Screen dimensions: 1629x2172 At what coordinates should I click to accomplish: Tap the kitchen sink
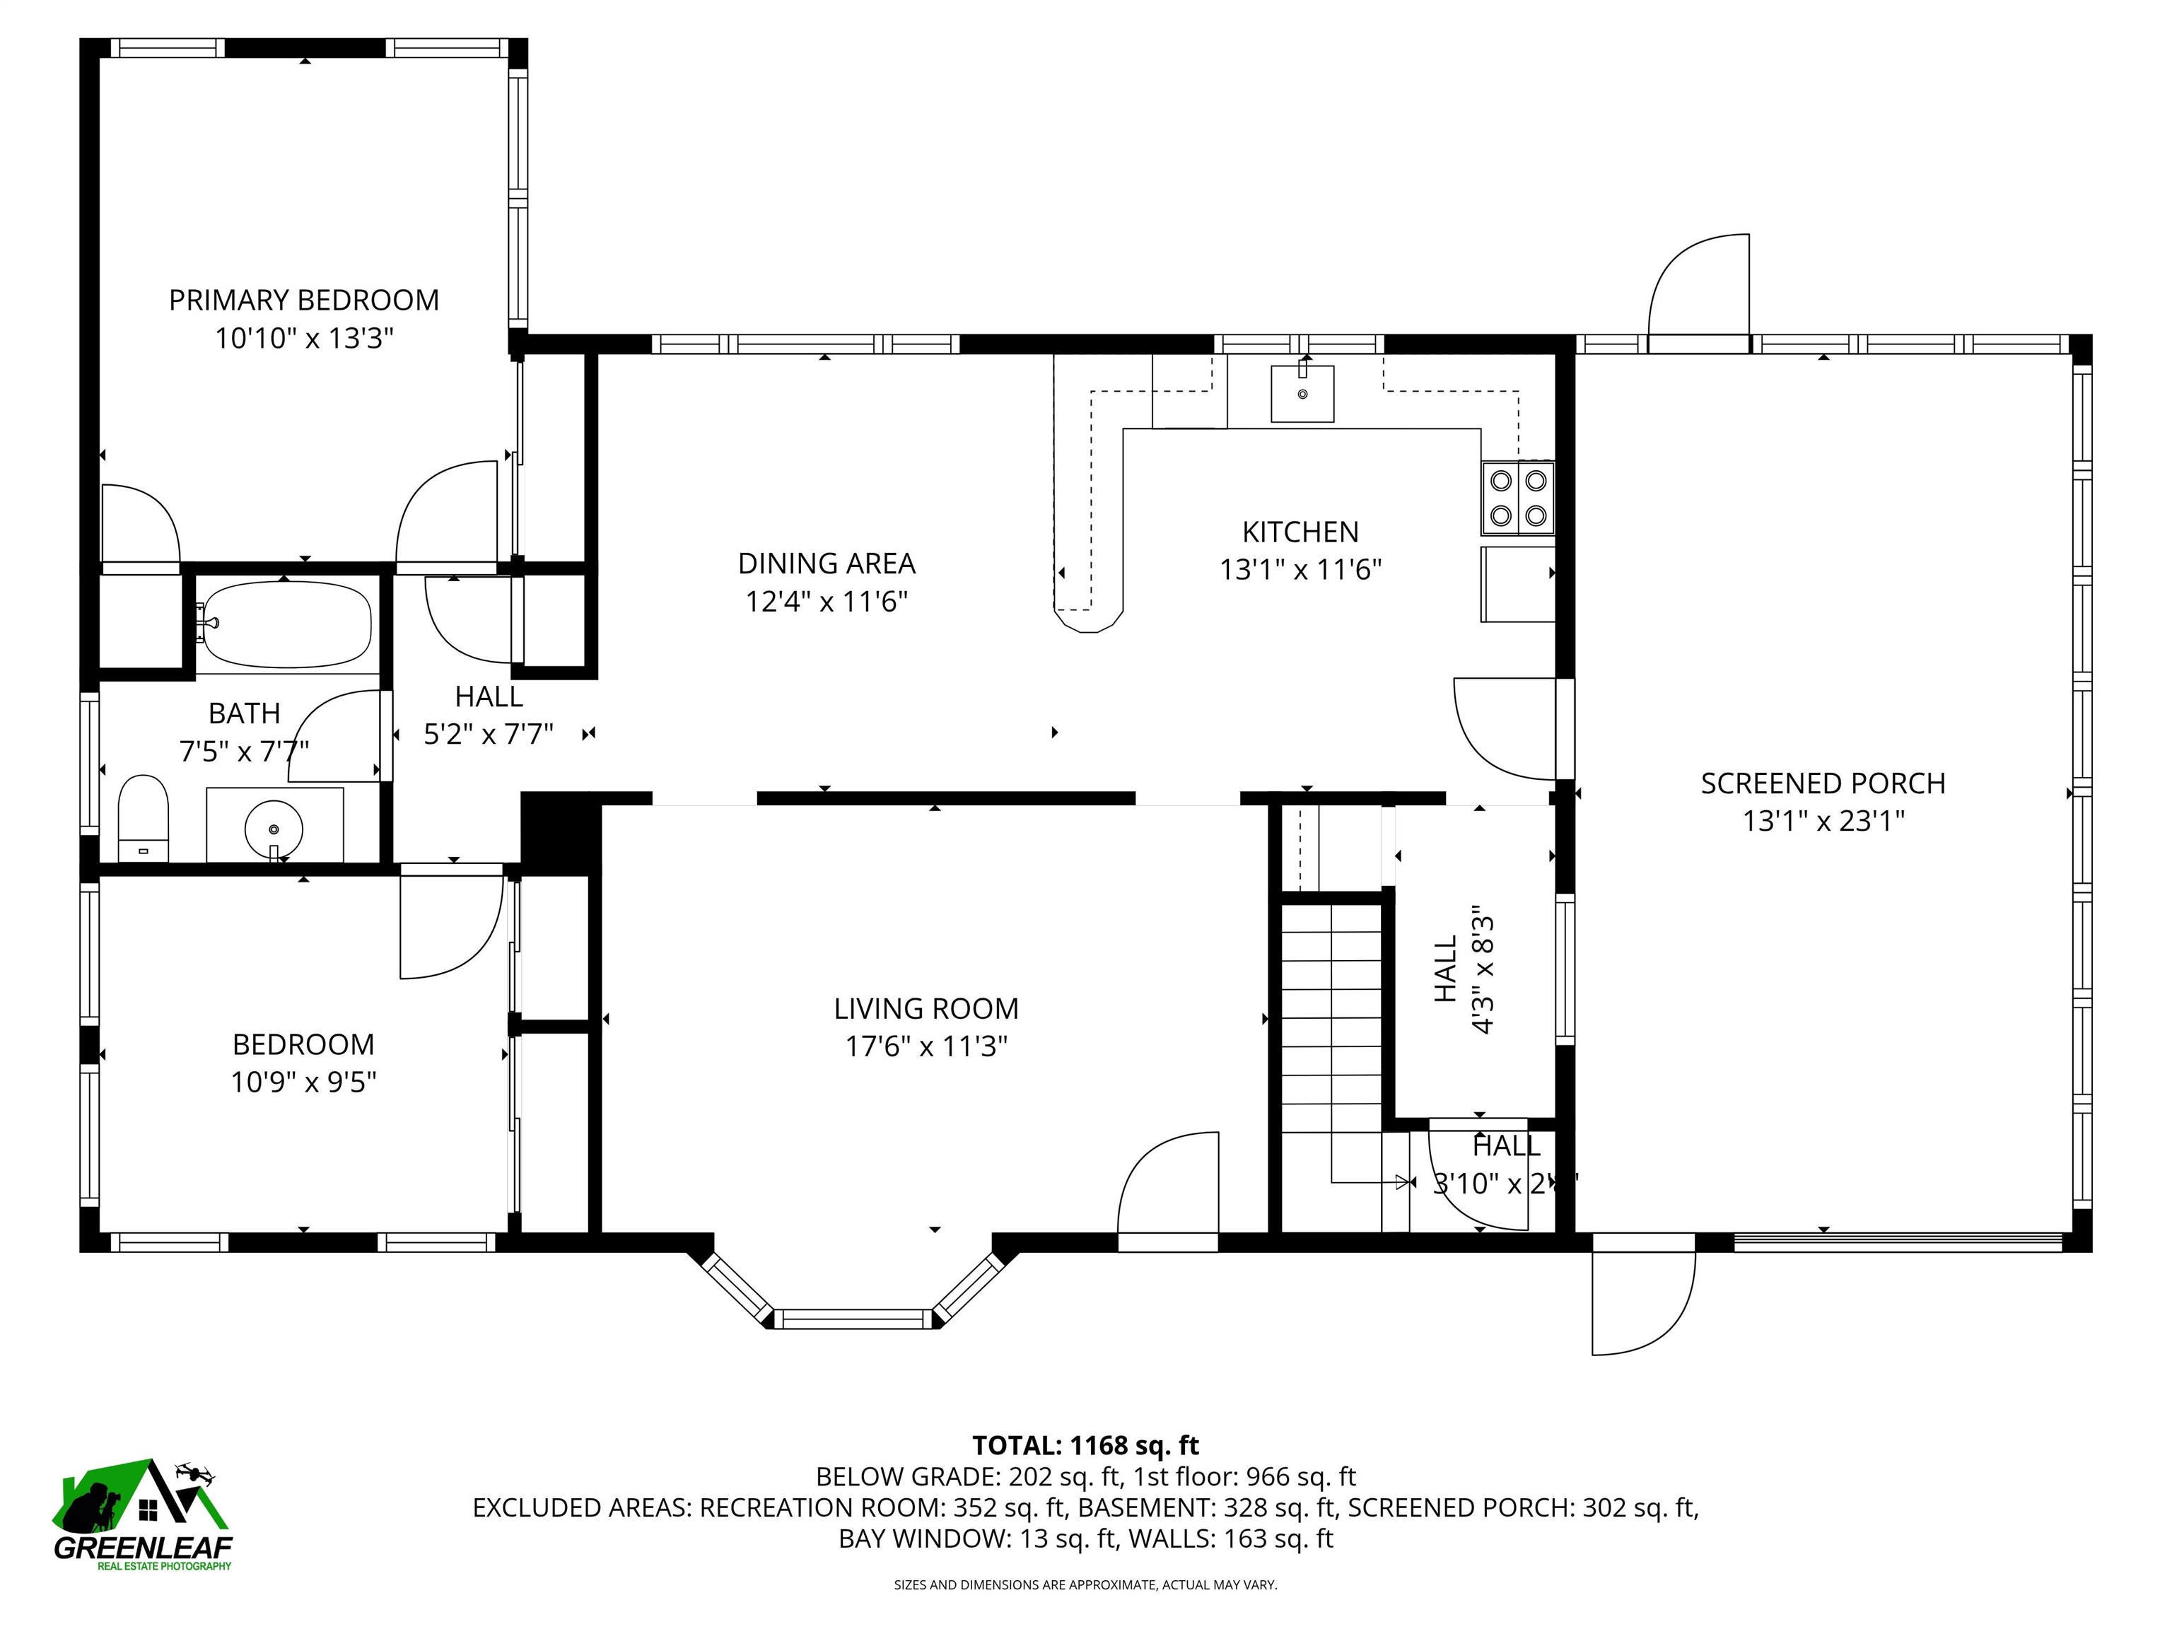point(1302,393)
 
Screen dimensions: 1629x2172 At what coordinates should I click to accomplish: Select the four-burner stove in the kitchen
point(1518,498)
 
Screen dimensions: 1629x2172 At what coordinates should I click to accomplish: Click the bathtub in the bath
point(287,624)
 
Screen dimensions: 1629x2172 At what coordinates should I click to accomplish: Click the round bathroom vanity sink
point(274,830)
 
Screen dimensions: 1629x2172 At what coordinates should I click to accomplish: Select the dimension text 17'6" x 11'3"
point(926,1046)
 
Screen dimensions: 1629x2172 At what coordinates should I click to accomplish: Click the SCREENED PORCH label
point(1823,783)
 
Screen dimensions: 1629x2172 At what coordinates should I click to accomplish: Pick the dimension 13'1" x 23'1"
point(1823,821)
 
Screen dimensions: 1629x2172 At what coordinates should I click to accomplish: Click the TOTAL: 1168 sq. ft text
point(1085,1445)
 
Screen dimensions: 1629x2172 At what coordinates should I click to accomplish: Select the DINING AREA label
point(826,564)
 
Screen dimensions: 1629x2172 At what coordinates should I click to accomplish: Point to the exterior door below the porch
point(1642,1301)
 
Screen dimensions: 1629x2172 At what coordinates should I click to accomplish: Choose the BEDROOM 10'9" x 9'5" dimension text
point(303,1082)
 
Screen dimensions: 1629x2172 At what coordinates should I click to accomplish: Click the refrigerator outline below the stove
point(1517,584)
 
